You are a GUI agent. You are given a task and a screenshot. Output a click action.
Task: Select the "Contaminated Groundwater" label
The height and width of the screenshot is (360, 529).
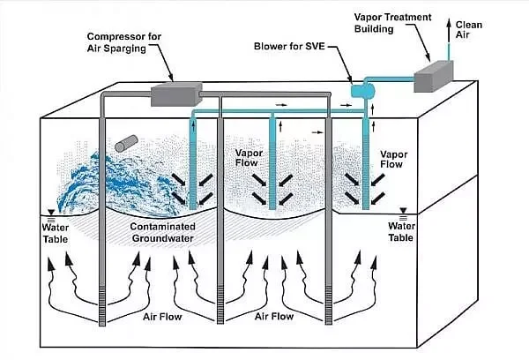(167, 231)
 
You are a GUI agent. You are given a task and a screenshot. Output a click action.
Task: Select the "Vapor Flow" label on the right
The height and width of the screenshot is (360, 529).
(392, 159)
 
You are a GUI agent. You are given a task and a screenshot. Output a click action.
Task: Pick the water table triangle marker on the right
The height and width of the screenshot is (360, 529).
(403, 211)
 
